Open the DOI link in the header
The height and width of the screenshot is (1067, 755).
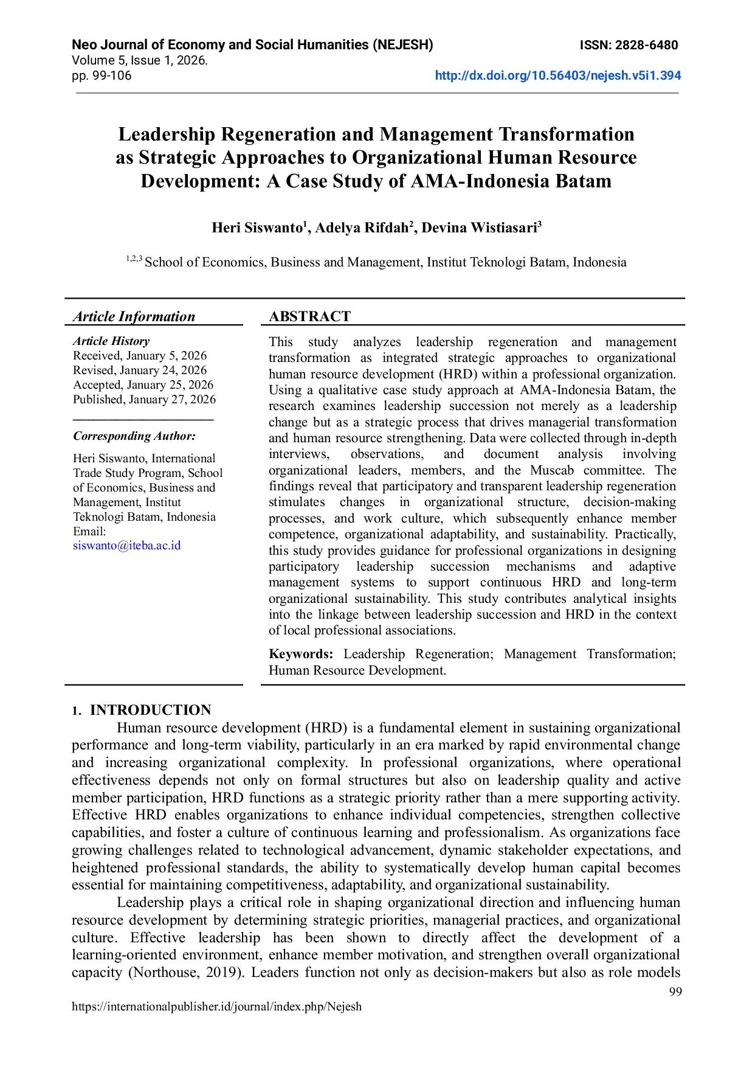pyautogui.click(x=557, y=76)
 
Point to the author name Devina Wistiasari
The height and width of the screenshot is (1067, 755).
pyautogui.click(x=478, y=228)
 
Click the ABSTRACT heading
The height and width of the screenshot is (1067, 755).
pyautogui.click(x=309, y=316)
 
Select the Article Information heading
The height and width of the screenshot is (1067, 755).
pyautogui.click(x=134, y=316)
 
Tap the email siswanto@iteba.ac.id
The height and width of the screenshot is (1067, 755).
pyautogui.click(x=126, y=546)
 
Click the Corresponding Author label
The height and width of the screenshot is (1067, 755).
pyautogui.click(x=134, y=436)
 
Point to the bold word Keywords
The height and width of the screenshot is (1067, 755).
pyautogui.click(x=301, y=655)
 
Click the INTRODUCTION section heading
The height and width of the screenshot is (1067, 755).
pyautogui.click(x=150, y=710)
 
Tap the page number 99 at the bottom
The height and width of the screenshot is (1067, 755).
pyautogui.click(x=675, y=992)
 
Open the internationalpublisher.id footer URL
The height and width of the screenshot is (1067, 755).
pyautogui.click(x=216, y=1007)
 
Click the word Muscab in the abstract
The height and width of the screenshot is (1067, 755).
pyautogui.click(x=551, y=470)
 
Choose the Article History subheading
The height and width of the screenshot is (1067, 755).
pyautogui.click(x=111, y=341)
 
